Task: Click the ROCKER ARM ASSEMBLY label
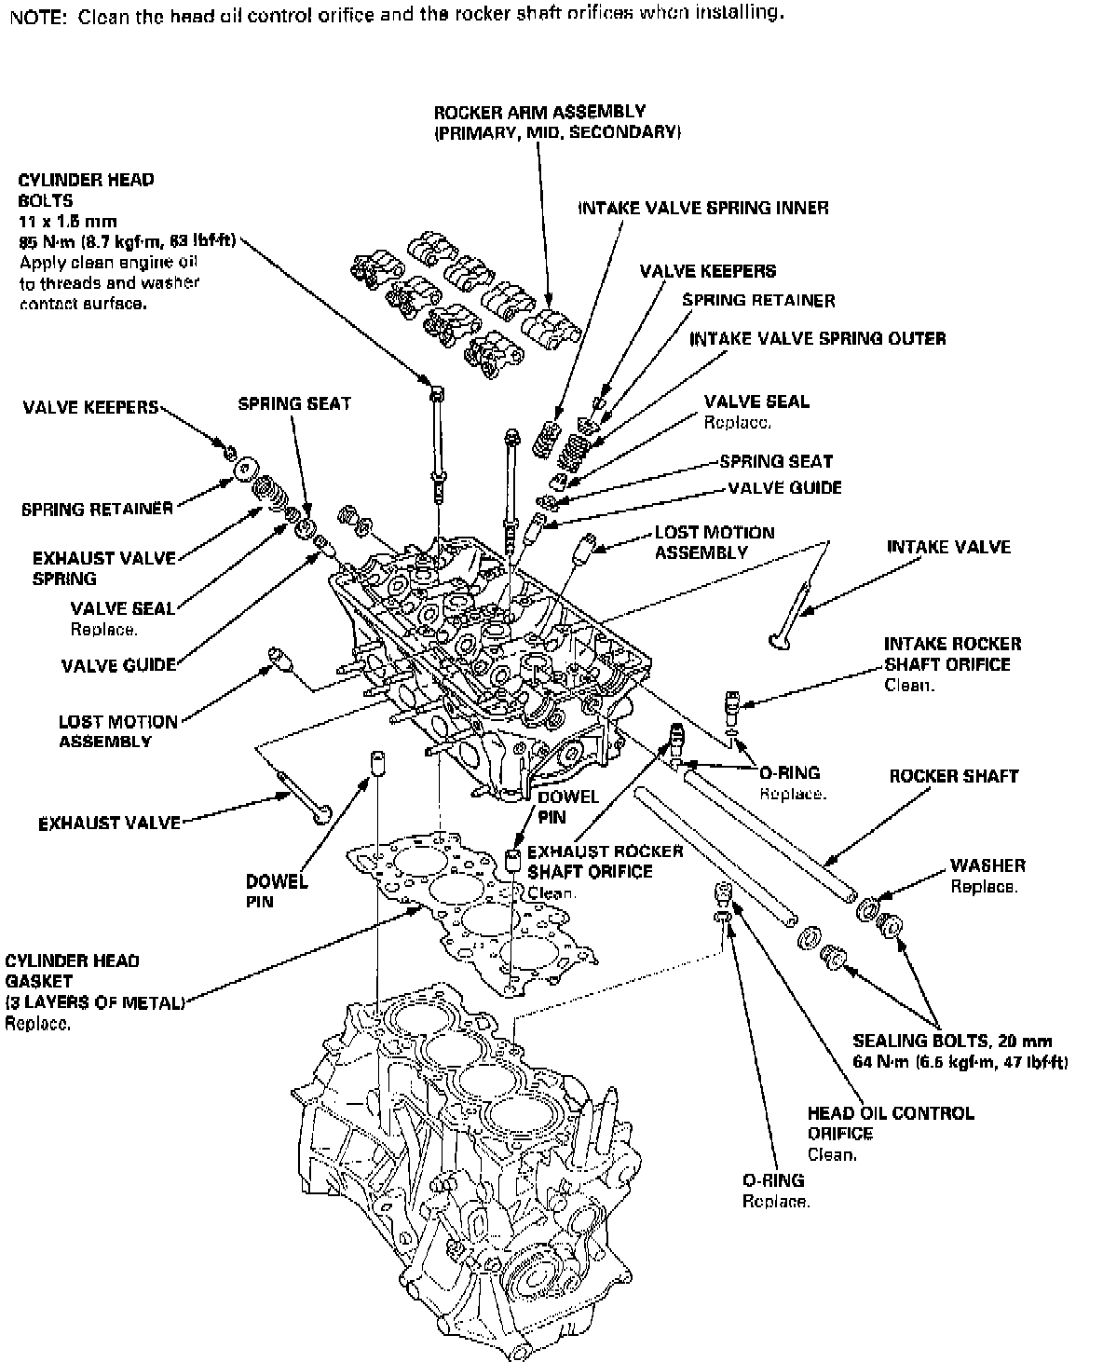pos(539,113)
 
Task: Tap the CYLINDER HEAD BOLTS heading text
pos(86,189)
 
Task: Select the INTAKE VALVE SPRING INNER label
pos(703,208)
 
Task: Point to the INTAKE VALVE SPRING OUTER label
pos(817,338)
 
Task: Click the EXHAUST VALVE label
pos(109,824)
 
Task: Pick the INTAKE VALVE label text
pos(948,547)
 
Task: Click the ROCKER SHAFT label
pos(953,776)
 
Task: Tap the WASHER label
pos(987,865)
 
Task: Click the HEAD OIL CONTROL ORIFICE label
pos(890,1123)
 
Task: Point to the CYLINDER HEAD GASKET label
pos(72,971)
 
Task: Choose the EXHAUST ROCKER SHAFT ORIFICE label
pos(605,862)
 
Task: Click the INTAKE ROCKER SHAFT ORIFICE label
pos(952,654)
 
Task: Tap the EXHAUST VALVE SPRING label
pos(103,568)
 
